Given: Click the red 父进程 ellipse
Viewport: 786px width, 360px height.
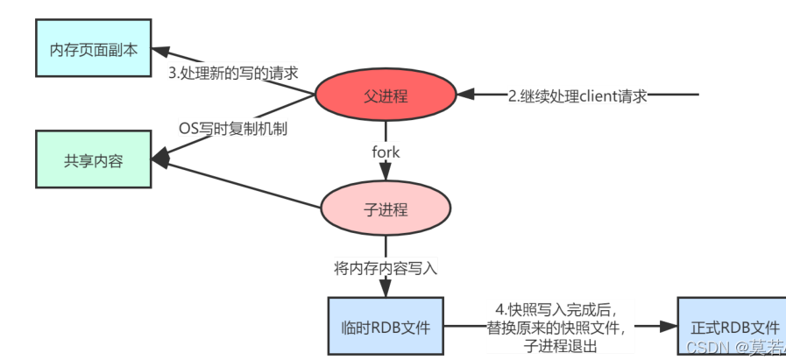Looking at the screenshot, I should coord(386,96).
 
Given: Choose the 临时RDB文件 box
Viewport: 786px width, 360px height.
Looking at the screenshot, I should coord(386,327).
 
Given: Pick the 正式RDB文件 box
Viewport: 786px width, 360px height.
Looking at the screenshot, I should coord(730,327).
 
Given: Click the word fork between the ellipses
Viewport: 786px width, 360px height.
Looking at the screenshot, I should coord(386,152).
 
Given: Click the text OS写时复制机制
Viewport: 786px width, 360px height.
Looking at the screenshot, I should coord(233,129).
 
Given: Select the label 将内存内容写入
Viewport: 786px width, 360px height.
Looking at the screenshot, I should coord(386,268).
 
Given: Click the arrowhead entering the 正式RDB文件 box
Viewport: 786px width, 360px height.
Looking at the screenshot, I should coord(670,327).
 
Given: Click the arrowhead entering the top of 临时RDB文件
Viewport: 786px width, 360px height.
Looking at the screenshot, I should coord(386,292).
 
